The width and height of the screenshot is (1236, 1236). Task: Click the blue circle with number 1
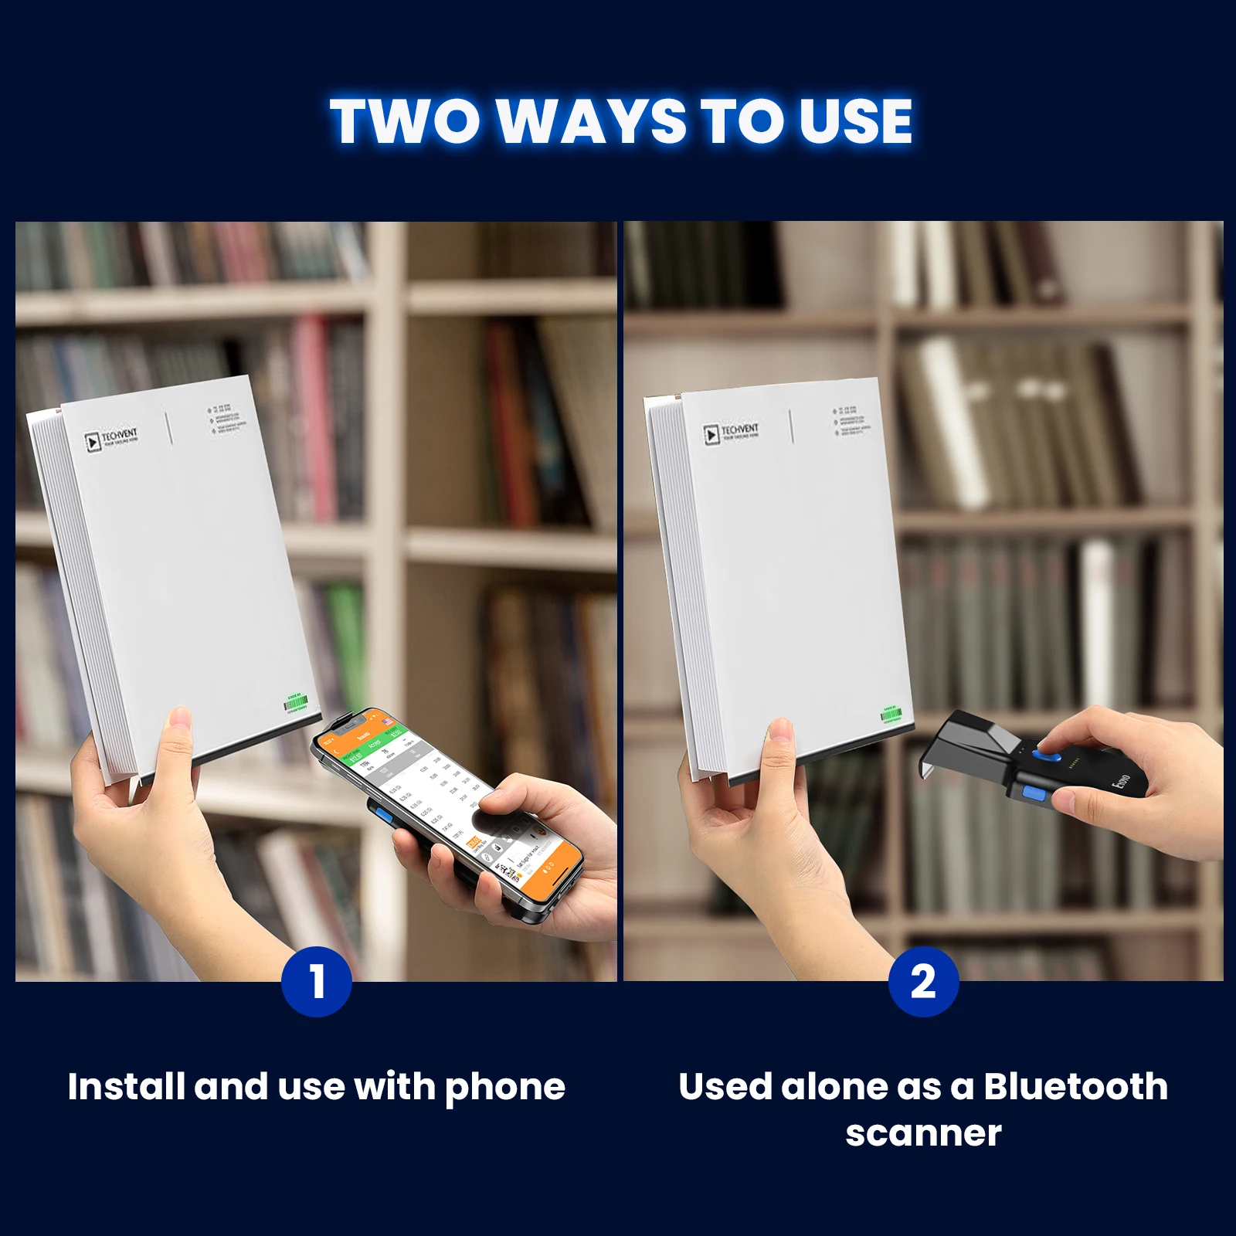point(317,982)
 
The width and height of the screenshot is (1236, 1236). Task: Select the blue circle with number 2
point(923,982)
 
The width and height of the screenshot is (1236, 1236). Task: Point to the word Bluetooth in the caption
point(1075,1087)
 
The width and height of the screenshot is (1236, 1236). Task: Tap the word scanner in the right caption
point(923,1133)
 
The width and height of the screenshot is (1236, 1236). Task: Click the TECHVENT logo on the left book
point(111,440)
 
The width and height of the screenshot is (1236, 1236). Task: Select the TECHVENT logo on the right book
point(731,433)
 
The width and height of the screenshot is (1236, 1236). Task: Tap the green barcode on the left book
point(296,704)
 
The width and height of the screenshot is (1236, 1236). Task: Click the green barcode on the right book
point(891,715)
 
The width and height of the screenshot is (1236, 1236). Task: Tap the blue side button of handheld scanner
point(1034,793)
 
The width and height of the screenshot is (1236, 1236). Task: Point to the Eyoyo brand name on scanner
point(1122,781)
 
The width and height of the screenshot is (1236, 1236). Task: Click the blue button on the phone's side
point(382,817)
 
